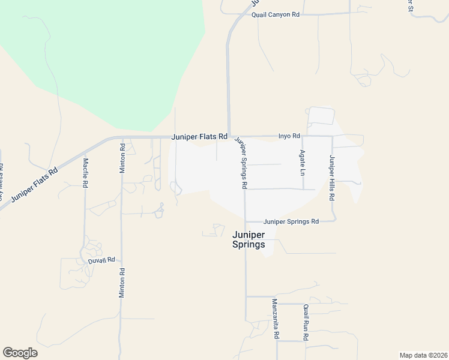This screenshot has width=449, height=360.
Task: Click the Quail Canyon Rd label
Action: [276, 14]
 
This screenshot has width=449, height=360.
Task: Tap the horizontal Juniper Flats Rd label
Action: [199, 137]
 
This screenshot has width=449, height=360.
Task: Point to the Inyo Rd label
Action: [289, 136]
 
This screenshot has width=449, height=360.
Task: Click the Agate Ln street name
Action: [303, 163]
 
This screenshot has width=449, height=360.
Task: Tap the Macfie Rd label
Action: [86, 173]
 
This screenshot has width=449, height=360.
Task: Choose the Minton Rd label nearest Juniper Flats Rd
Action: [122, 158]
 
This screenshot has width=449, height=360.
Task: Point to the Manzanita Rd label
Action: [275, 319]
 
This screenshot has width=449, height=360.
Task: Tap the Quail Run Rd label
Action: [306, 323]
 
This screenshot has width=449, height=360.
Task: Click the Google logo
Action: [20, 353]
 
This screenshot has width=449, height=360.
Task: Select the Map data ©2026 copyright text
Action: [423, 355]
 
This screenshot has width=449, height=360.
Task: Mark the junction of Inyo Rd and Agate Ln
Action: [302, 136]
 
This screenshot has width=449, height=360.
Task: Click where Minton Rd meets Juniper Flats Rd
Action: [122, 138]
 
